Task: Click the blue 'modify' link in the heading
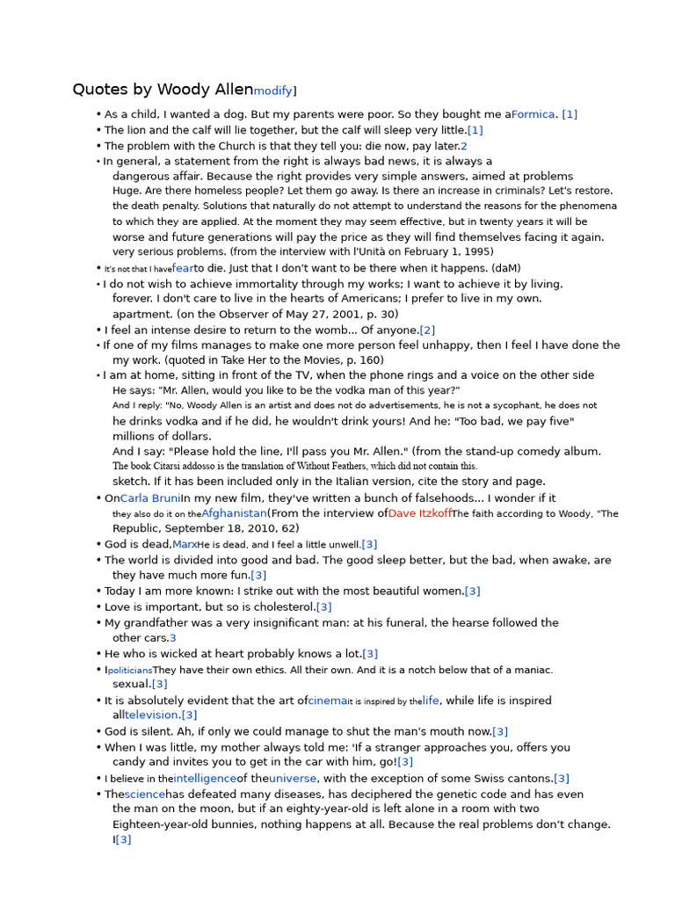[272, 91]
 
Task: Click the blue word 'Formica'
[533, 114]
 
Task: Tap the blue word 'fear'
[183, 268]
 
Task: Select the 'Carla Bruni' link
[150, 498]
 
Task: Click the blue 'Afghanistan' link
[234, 513]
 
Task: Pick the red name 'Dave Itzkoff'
[420, 513]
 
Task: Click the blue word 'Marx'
[185, 545]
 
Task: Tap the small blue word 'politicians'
[130, 671]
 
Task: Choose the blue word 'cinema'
[328, 701]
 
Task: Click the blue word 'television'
[152, 715]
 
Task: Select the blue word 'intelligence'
[205, 779]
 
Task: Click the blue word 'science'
[144, 795]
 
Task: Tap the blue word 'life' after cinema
[431, 701]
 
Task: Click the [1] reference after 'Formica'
[570, 114]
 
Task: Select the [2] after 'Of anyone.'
[427, 330]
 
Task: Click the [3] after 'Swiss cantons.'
[562, 779]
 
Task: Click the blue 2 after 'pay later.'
[464, 146]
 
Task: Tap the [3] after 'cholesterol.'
[324, 607]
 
